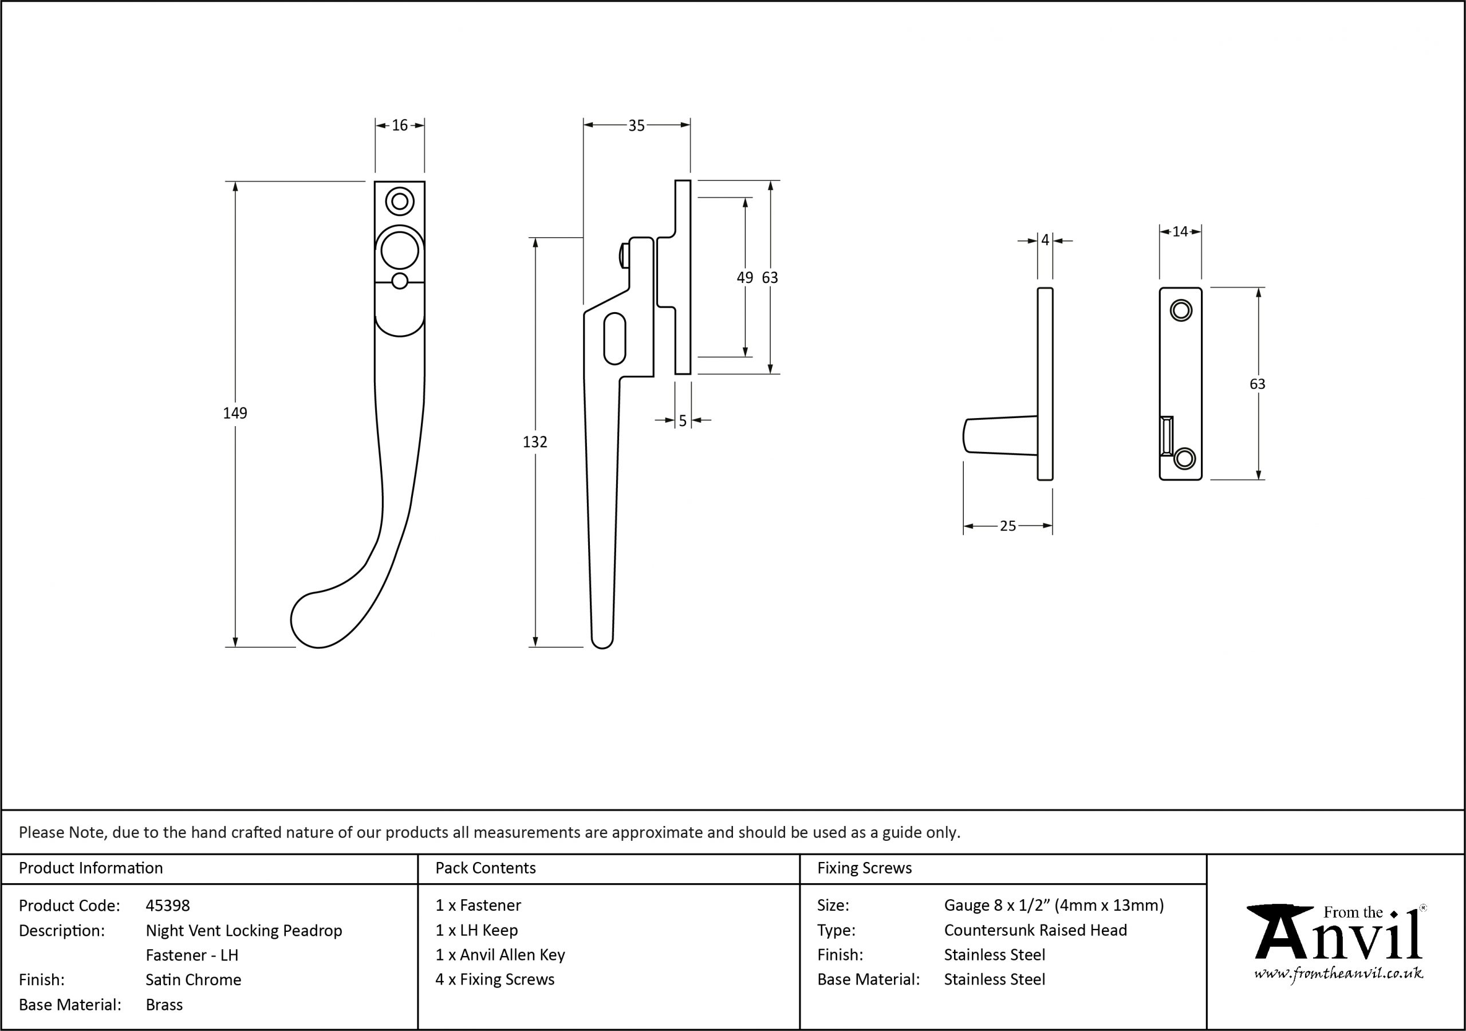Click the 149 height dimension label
[235, 414]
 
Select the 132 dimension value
[535, 442]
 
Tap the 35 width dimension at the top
[637, 126]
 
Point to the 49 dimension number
[744, 277]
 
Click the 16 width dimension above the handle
[400, 125]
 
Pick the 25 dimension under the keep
[1007, 526]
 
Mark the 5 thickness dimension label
[683, 421]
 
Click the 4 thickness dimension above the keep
[1045, 240]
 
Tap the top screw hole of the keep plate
[1181, 311]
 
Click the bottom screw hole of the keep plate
[1184, 459]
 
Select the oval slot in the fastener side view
[614, 339]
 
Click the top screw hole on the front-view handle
[400, 202]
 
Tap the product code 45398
[168, 905]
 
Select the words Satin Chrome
[194, 979]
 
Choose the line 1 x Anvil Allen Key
[500, 954]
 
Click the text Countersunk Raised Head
[1036, 930]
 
